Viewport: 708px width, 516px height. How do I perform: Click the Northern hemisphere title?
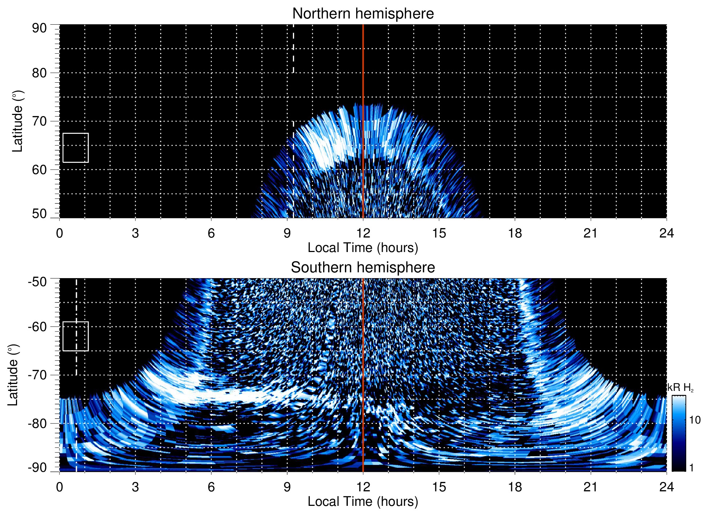(363, 14)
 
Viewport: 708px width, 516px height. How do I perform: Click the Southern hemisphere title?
(363, 268)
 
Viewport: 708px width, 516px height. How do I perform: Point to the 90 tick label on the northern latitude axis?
(39, 28)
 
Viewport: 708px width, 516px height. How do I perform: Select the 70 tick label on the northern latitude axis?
(39, 121)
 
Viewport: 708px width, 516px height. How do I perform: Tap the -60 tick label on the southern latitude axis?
(37, 327)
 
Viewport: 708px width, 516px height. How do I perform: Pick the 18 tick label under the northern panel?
(514, 233)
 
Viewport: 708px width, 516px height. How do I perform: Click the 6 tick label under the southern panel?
(211, 487)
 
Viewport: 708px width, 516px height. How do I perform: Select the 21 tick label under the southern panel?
(590, 487)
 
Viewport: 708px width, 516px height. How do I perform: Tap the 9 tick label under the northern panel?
(287, 233)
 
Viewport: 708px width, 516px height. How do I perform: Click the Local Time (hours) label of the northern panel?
(363, 248)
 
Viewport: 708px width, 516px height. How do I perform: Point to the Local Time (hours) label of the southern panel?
(363, 502)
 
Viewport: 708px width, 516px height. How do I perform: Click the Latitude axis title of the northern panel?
(17, 121)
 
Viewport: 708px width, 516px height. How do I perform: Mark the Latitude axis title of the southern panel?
(13, 375)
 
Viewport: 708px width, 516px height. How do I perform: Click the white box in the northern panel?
(76, 148)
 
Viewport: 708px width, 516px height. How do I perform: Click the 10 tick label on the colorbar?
(695, 420)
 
